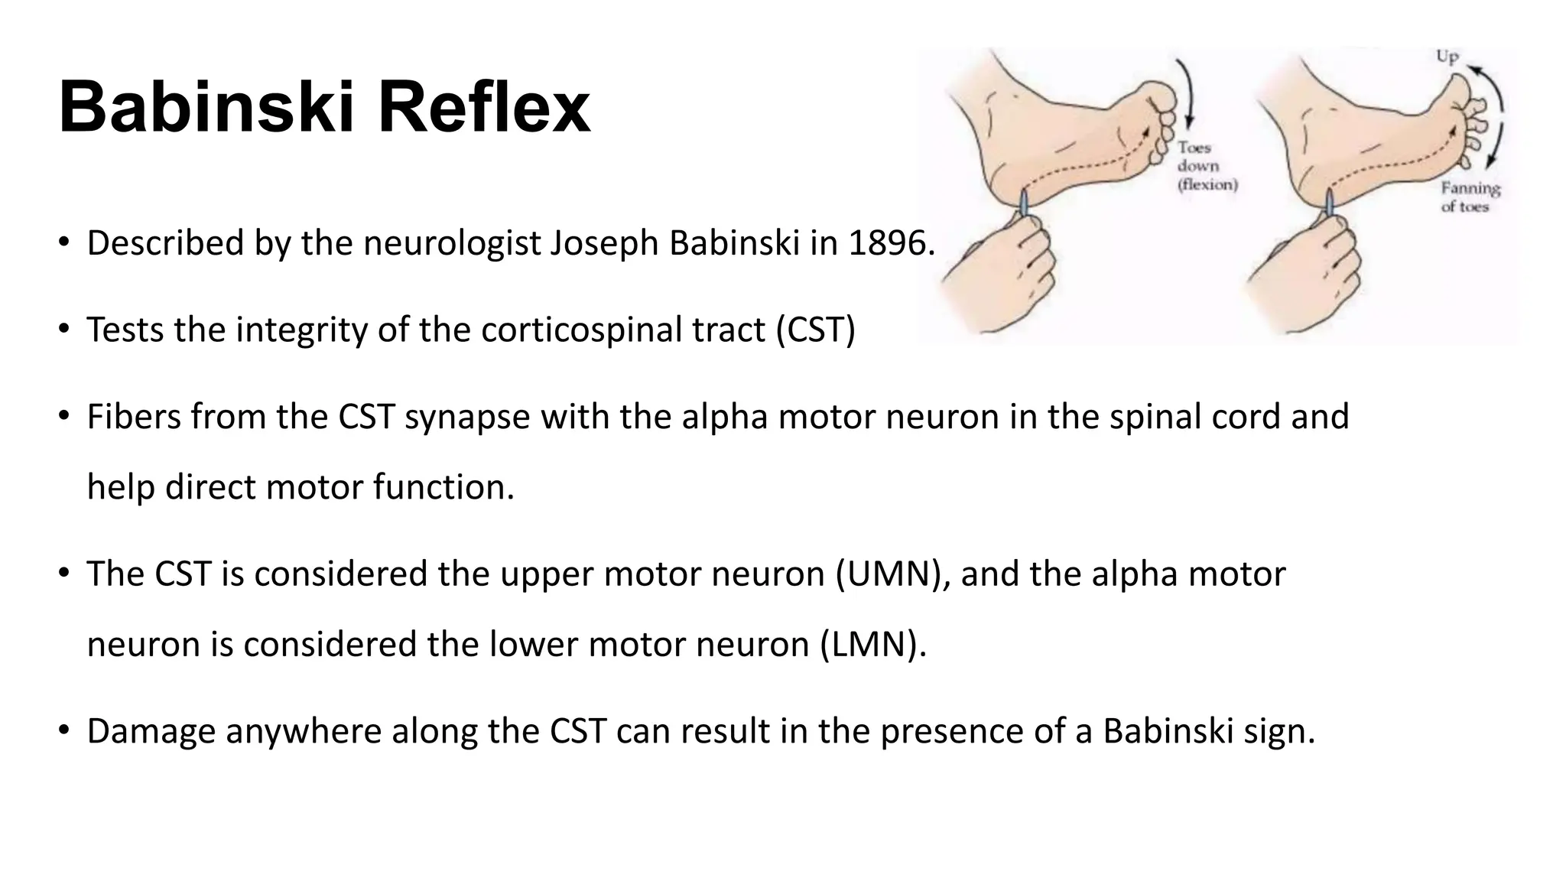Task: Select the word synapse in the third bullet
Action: (x=466, y=418)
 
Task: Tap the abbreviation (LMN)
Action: (x=872, y=645)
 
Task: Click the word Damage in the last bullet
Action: (x=151, y=731)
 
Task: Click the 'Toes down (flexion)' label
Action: (x=1207, y=166)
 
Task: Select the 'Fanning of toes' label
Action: (x=1470, y=197)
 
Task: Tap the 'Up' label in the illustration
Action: (x=1447, y=57)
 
